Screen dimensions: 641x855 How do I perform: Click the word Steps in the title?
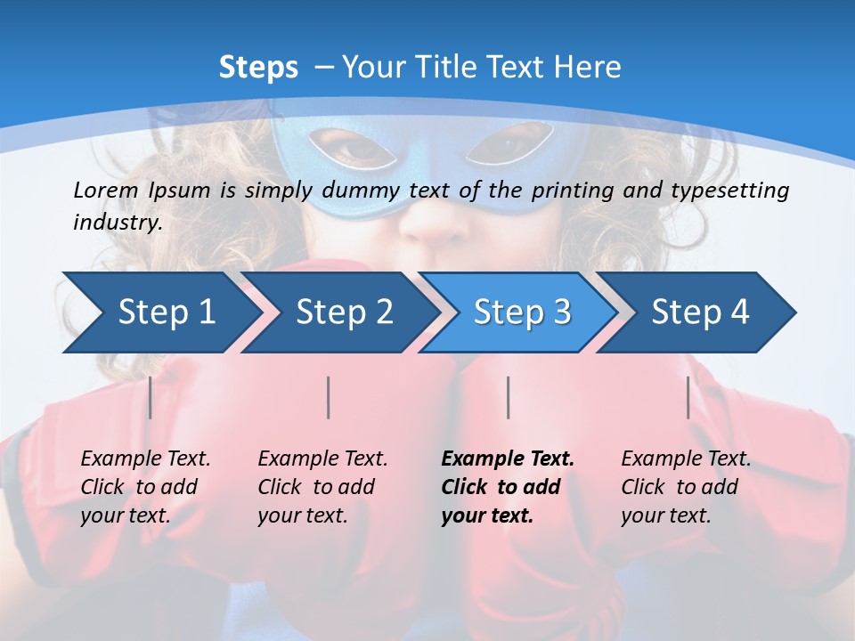click(258, 67)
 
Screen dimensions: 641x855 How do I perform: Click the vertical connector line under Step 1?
click(150, 397)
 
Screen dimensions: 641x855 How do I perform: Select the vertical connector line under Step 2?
click(329, 397)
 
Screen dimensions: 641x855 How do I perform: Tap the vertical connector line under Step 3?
click(508, 397)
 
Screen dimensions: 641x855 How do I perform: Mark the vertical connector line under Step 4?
click(688, 397)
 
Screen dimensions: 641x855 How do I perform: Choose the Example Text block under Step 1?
click(145, 487)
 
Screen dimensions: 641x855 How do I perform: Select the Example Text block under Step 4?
click(686, 487)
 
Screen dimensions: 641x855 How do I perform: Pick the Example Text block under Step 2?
click(322, 487)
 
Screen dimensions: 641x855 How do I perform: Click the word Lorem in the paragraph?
click(106, 191)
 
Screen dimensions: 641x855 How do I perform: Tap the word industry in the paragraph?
click(117, 223)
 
